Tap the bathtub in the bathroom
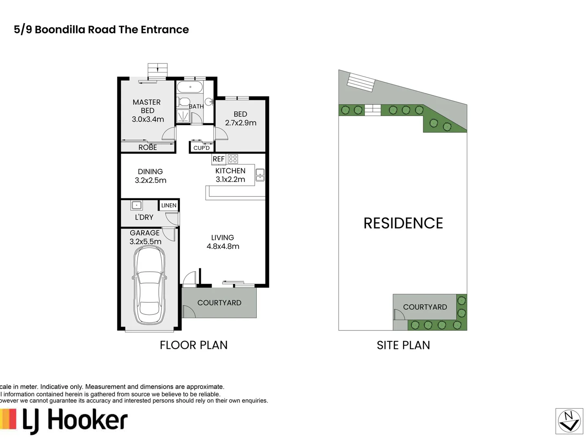click(x=190, y=87)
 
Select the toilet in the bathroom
click(x=183, y=102)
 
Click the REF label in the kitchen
click(x=219, y=159)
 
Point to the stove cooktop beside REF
click(x=233, y=159)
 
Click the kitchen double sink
click(x=260, y=175)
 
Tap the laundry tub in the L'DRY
click(x=136, y=205)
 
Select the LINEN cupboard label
click(x=169, y=205)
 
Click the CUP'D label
click(x=201, y=148)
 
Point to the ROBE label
click(x=148, y=147)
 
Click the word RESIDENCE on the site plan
click(x=403, y=223)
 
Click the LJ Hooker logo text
click(x=75, y=421)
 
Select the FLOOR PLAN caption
click(x=194, y=345)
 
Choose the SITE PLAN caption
click(x=403, y=345)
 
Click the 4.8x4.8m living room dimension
click(x=223, y=246)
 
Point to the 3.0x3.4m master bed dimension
click(x=148, y=119)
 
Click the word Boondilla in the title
click(x=60, y=30)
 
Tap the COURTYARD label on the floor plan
click(x=219, y=303)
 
